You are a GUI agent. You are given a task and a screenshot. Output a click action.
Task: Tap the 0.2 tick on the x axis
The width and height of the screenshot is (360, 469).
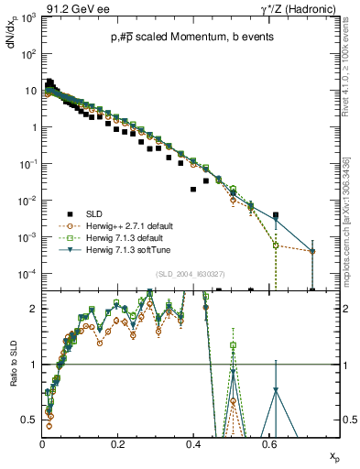pyautogui.click(x=117, y=442)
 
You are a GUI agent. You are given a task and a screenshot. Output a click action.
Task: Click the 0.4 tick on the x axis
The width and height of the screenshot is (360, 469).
pyautogui.click(x=192, y=442)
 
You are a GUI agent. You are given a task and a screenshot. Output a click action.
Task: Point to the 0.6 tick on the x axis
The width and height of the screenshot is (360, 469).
pyautogui.click(x=267, y=442)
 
